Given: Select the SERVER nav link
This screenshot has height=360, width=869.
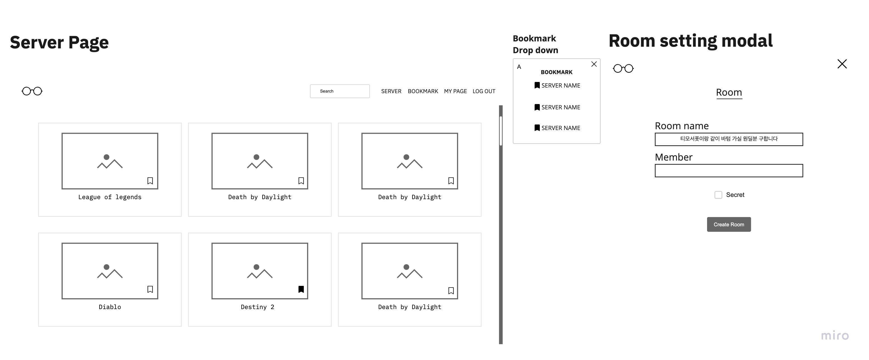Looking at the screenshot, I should pos(391,91).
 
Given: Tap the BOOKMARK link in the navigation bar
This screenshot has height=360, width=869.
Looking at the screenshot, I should pos(423,91).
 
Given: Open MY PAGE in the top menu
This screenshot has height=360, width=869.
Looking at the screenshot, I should pos(455,91).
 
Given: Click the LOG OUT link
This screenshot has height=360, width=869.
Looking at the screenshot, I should pos(484,91).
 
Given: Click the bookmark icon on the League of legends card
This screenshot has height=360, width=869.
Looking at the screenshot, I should pos(150,181).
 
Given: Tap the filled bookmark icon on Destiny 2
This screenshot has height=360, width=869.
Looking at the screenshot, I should pos(301,289).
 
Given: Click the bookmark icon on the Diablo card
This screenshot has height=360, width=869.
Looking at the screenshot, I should pos(150,289).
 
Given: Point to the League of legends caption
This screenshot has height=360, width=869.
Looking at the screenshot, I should pos(110,197).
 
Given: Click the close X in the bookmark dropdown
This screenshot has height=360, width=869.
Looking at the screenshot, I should pos(594,64).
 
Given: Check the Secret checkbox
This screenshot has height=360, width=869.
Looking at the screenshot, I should pos(718,195).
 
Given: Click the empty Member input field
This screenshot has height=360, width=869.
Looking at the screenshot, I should pos(728,171).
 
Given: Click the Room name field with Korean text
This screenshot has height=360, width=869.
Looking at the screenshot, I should pos(728,139).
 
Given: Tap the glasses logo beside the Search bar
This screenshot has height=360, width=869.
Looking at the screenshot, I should pos(32,91).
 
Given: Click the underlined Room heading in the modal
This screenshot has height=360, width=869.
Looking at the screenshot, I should pos(729,92).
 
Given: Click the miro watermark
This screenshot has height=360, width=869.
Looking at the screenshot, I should pos(835,335).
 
